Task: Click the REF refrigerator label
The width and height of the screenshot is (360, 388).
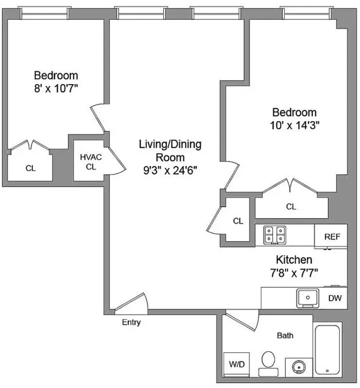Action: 332,237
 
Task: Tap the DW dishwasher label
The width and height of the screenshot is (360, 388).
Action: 335,298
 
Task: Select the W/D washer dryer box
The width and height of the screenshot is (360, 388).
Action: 236,364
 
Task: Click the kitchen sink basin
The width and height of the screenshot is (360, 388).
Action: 308,298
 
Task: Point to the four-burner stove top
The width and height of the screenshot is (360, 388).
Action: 274,235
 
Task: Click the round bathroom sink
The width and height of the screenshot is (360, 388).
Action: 298,367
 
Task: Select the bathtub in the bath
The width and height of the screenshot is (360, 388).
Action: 327,350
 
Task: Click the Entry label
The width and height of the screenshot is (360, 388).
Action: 131,322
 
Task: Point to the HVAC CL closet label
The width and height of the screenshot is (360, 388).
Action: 91,162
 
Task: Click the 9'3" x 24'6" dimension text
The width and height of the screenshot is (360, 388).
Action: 170,170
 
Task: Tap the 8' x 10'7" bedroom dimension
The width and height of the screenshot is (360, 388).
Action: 56,88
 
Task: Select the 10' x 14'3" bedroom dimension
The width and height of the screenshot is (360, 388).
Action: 295,125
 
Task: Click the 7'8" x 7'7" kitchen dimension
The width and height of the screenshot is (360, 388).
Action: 294,273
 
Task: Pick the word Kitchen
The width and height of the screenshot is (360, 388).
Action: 294,260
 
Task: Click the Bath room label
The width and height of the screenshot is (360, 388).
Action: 285,336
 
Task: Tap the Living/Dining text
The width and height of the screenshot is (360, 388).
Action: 170,144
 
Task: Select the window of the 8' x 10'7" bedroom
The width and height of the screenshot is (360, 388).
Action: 45,13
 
